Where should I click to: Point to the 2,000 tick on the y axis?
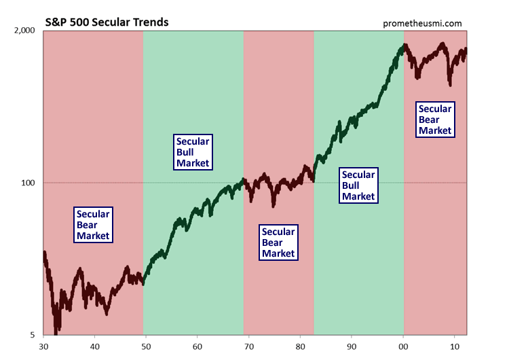coord(24,31)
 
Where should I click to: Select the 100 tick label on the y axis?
coord(28,183)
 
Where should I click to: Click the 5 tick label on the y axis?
coord(33,334)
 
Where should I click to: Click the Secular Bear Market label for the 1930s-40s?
coord(92,225)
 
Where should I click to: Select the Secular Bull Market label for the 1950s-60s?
coord(193,152)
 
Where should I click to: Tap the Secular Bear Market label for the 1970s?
coord(278,242)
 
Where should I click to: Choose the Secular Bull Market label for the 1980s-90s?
coord(358,185)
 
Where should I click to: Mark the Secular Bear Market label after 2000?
coord(434,120)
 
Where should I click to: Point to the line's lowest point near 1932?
coord(56,331)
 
